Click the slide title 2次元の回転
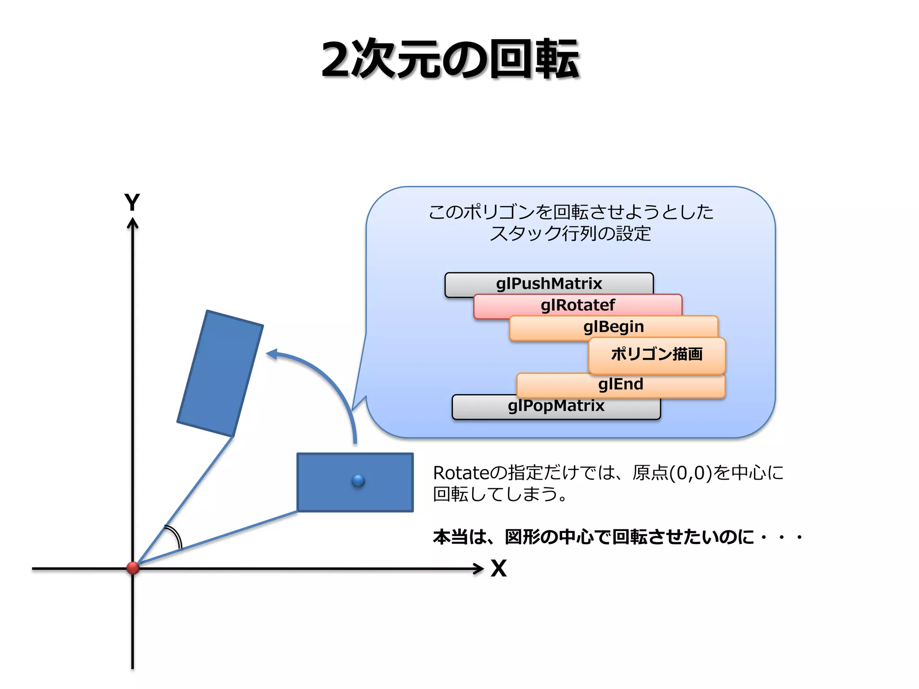click(x=451, y=59)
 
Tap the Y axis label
click(x=132, y=202)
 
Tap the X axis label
click(x=499, y=568)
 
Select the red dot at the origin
click(x=133, y=567)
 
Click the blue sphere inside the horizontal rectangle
click(x=358, y=481)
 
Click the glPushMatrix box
click(x=548, y=283)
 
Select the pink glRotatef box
click(x=578, y=305)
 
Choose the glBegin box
click(x=613, y=327)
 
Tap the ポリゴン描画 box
click(x=656, y=354)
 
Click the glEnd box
click(x=621, y=384)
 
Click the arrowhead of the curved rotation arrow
click(x=272, y=354)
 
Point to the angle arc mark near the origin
click(x=175, y=536)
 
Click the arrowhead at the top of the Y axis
click(x=132, y=223)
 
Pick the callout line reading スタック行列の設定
click(x=570, y=234)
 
